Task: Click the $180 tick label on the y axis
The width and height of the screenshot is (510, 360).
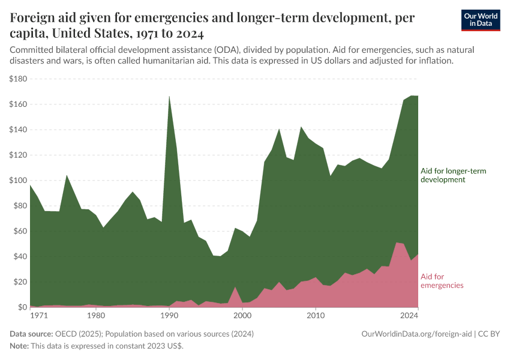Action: click(18, 79)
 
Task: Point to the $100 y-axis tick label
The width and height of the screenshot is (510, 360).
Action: click(18, 181)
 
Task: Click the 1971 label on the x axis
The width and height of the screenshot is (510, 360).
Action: click(38, 315)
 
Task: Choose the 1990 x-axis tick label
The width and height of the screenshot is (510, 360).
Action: click(169, 315)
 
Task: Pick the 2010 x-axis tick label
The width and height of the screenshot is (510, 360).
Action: click(316, 315)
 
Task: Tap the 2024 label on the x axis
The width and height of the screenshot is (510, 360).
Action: click(409, 315)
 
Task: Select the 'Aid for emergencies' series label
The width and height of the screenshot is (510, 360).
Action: click(442, 281)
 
